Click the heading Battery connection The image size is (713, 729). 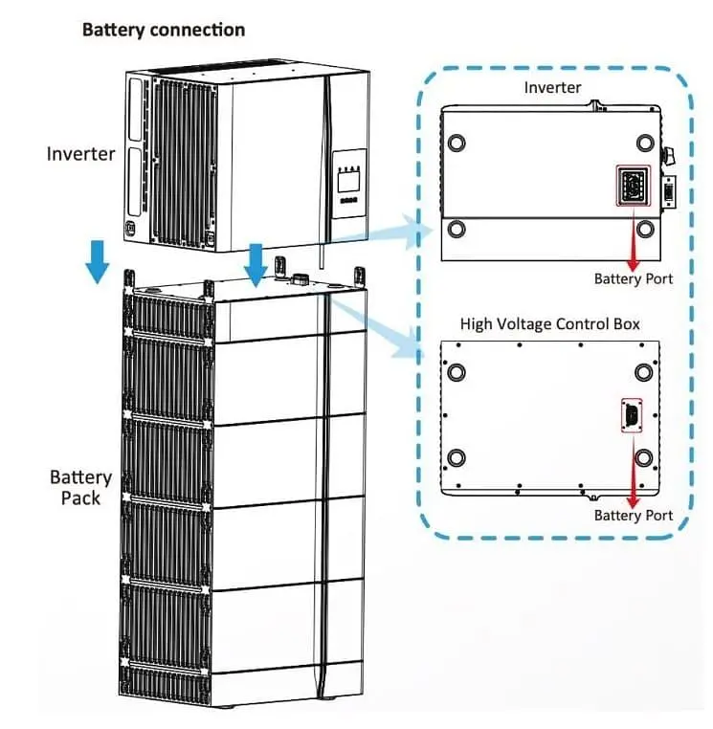tap(164, 29)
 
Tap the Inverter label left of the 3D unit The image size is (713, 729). tap(80, 153)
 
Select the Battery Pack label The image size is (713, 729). tap(80, 487)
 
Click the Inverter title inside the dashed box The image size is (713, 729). tap(552, 87)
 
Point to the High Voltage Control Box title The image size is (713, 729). tap(549, 323)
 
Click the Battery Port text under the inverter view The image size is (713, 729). tap(633, 279)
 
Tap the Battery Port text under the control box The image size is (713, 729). tap(633, 516)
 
